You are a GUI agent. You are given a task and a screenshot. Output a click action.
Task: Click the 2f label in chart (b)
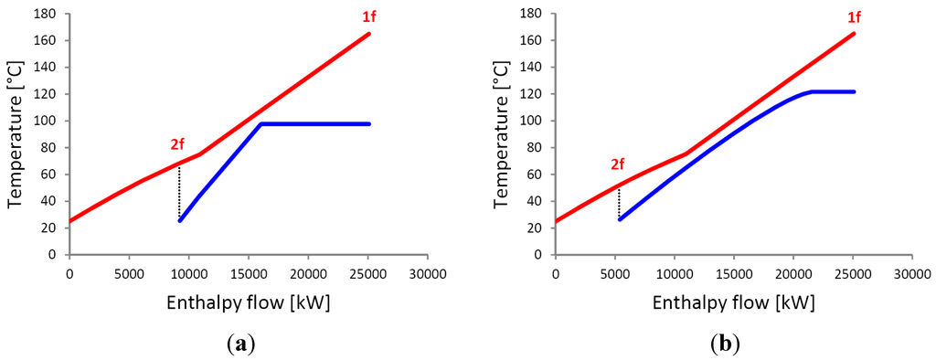(x=618, y=164)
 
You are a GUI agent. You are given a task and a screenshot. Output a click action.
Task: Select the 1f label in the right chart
(x=852, y=17)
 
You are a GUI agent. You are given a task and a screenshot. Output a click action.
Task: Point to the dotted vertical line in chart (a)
(x=179, y=192)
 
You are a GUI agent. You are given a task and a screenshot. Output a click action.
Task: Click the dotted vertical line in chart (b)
(x=619, y=202)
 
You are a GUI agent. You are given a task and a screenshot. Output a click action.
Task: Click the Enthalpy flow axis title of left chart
(x=248, y=302)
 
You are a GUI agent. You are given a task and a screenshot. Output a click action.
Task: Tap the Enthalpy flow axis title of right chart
(x=733, y=302)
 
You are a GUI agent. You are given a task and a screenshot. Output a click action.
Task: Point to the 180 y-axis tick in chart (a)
(x=47, y=14)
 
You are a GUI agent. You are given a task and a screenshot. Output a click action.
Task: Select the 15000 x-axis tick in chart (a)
(x=248, y=271)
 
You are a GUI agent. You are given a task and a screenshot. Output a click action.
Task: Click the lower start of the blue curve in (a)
(x=180, y=220)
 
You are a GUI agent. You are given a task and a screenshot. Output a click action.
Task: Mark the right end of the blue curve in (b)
(x=853, y=91)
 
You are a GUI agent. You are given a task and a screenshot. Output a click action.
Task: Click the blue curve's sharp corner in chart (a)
(x=261, y=123)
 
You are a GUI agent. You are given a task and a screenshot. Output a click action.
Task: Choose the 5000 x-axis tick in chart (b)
(x=614, y=271)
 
